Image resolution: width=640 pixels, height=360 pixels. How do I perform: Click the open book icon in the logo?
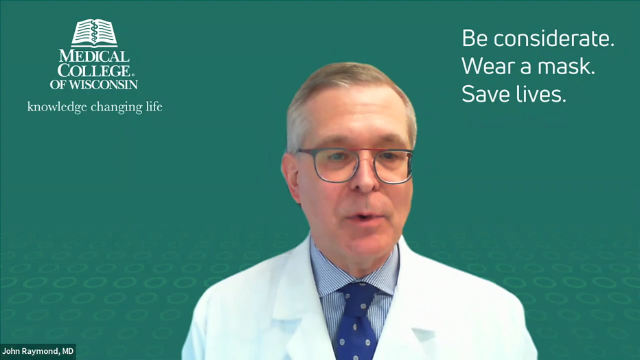94,33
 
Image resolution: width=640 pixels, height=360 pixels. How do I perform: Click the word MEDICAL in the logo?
94,56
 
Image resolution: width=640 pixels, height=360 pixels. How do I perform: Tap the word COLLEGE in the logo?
94,71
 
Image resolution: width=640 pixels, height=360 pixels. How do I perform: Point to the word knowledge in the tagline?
57,107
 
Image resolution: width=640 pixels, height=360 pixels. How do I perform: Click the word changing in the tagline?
116,107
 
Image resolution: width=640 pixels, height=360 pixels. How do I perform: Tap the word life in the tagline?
154,106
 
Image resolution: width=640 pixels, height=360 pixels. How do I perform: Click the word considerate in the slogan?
553,38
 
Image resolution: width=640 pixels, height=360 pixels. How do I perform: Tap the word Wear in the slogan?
488,66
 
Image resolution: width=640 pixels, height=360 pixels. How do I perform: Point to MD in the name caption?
68,352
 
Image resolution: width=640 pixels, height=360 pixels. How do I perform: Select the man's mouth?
364,217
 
